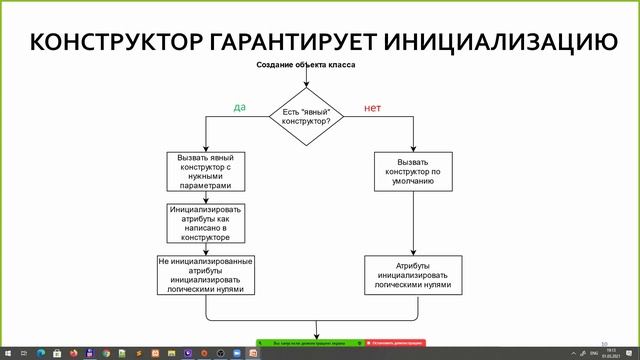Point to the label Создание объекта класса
pos(307,65)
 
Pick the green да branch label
pos(239,107)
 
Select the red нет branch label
pos(372,107)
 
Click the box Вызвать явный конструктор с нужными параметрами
pos(206,171)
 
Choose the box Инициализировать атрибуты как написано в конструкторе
pos(206,224)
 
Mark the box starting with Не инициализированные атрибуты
pos(206,275)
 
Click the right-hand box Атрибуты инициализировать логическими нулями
pos(414,275)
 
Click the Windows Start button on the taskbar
pos(8,353)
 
